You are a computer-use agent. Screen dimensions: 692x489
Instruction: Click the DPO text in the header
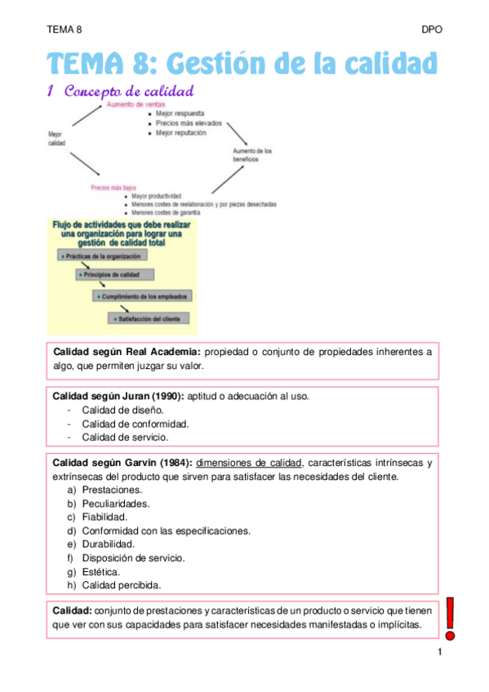(x=432, y=29)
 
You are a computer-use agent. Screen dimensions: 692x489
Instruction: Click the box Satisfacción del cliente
(x=149, y=317)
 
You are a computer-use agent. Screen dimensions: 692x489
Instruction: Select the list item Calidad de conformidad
(x=136, y=424)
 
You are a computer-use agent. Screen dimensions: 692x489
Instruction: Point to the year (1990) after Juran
(x=167, y=396)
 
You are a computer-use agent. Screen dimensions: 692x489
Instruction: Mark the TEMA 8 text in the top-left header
(x=64, y=29)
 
